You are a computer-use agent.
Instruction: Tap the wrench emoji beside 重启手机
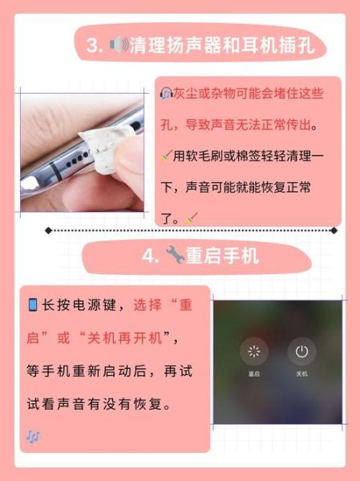(174, 256)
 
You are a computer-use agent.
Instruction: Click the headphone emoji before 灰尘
(166, 94)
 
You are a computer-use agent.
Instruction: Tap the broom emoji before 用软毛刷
(166, 155)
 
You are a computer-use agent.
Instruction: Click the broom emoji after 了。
(192, 216)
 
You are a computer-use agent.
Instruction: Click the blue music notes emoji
(33, 437)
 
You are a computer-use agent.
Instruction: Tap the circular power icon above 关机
(301, 351)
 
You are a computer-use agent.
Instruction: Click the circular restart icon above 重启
(254, 351)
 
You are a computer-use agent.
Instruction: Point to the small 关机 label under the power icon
(301, 374)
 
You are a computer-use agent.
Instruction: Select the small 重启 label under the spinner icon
(254, 374)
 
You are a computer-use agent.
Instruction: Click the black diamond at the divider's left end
(49, 230)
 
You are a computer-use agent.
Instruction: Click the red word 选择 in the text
(148, 305)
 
